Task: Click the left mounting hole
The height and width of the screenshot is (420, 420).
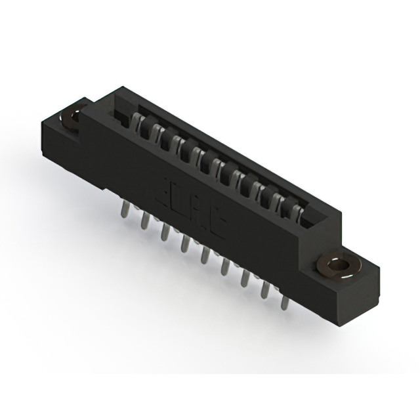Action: click(70, 118)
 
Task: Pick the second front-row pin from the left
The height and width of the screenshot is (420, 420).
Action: click(144, 221)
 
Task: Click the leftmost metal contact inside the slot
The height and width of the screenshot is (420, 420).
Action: click(138, 123)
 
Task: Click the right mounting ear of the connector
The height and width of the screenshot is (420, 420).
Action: click(351, 276)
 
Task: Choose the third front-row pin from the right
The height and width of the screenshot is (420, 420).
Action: click(245, 280)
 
